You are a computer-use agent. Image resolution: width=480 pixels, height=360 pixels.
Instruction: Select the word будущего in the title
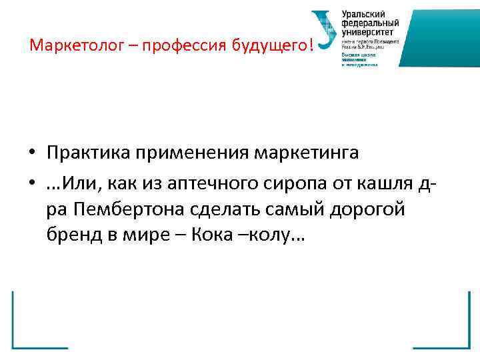point(271,45)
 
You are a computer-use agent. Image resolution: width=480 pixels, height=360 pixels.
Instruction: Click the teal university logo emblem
point(325,31)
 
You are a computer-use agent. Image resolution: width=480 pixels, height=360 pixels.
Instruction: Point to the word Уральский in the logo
point(363,13)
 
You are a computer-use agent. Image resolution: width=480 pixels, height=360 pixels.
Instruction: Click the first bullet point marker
point(32,153)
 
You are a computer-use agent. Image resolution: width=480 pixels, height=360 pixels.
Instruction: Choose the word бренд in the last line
point(72,237)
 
